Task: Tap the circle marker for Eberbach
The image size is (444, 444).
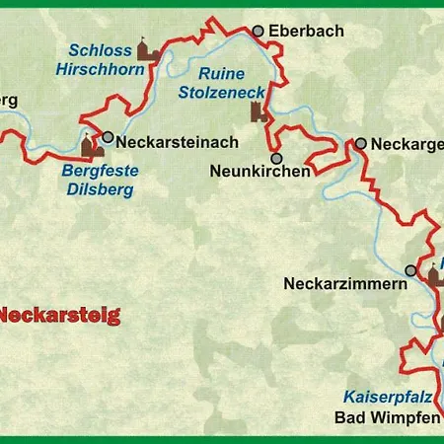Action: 259,32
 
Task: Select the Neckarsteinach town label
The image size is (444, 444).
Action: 173,141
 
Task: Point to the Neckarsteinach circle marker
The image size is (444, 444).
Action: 108,139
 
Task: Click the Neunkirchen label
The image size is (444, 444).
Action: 259,171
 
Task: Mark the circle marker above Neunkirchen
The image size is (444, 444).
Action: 277,158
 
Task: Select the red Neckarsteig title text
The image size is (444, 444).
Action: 59,317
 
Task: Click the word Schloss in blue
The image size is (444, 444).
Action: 100,50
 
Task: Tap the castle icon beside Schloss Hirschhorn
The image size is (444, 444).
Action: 148,50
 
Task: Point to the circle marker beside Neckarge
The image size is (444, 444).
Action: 361,143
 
